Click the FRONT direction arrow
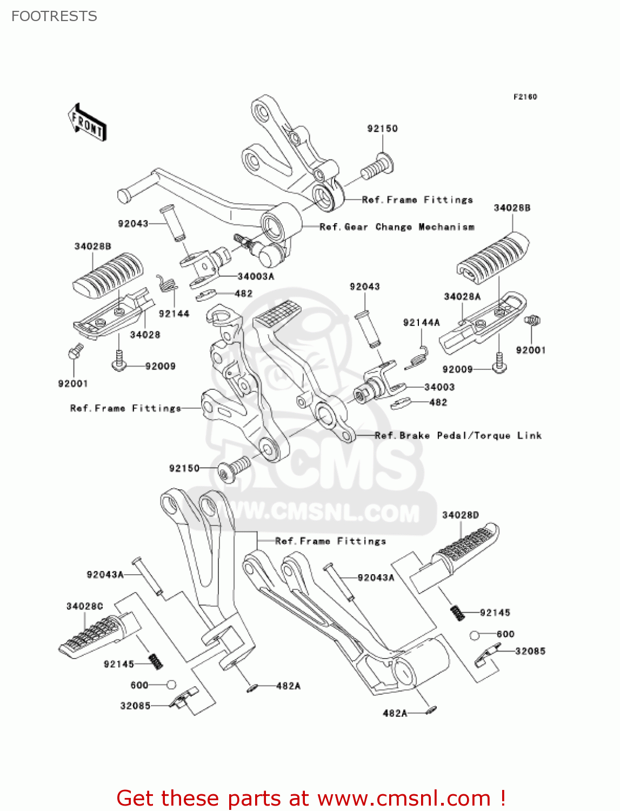click(87, 123)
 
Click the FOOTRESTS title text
click(54, 16)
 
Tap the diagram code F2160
click(525, 97)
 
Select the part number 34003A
click(256, 276)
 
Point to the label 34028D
click(461, 515)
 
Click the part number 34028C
click(84, 606)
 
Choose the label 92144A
click(421, 323)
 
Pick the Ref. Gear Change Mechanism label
click(397, 227)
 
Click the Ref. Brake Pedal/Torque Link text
click(458, 436)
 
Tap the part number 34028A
click(462, 296)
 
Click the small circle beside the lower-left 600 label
click(171, 685)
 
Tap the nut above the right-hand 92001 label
click(532, 320)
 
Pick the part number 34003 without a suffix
click(439, 387)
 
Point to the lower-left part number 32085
click(135, 706)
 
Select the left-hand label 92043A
click(105, 574)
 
